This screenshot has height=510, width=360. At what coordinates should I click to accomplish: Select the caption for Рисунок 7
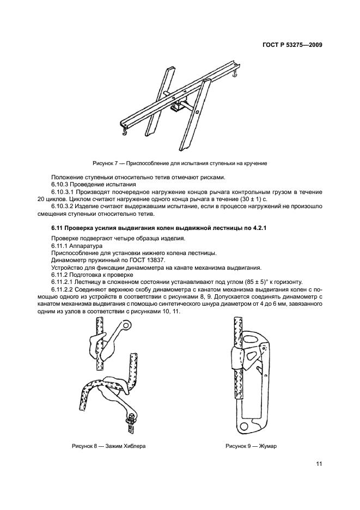(x=179, y=163)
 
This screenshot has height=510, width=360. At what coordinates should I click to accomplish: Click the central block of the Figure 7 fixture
(x=178, y=106)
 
